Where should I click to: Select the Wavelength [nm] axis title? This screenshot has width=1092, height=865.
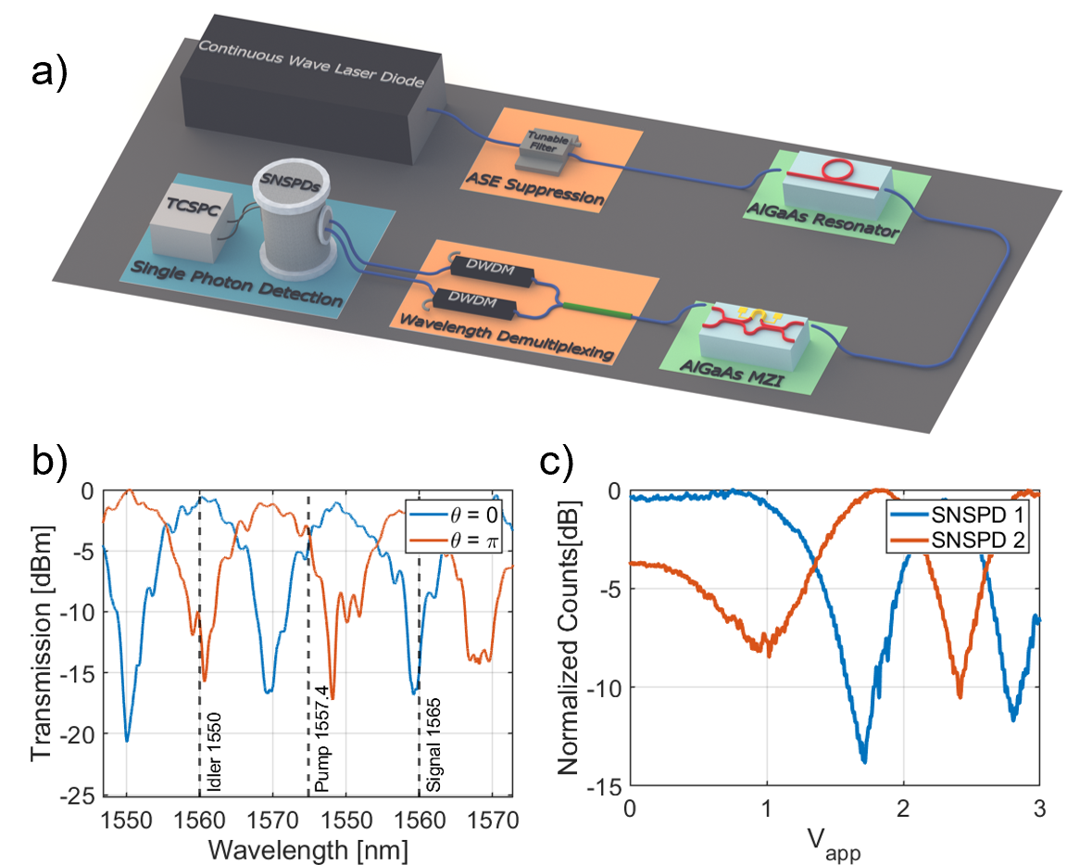pyautogui.click(x=309, y=848)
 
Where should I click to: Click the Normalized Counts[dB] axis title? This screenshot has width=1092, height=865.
pyautogui.click(x=571, y=639)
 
